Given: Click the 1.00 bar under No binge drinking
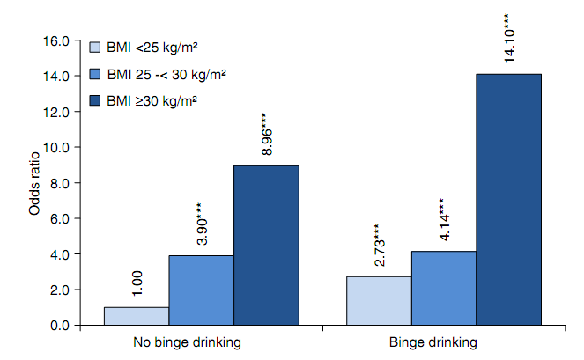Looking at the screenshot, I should coord(136,316).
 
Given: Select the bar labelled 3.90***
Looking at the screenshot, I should coord(201,290).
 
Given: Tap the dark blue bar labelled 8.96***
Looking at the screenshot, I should coord(266,246).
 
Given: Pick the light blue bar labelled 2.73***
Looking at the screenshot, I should coord(379,301).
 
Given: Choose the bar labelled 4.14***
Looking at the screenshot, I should coord(444,288).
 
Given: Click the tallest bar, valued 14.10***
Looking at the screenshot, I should coord(509,200).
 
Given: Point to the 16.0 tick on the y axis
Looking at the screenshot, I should coord(57,40).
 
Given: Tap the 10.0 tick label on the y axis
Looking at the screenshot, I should coord(57,147).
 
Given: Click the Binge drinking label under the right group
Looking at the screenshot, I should coord(444,342).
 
